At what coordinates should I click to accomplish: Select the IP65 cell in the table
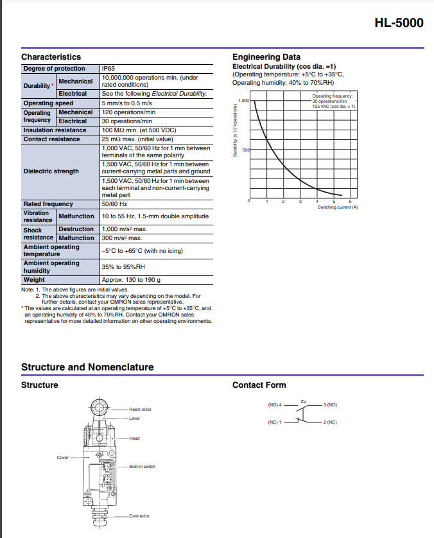[108, 69]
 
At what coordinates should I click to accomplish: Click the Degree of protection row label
[54, 69]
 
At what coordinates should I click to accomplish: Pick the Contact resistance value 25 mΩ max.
[137, 139]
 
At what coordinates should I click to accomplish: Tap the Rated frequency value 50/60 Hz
[114, 204]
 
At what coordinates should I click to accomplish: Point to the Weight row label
[34, 279]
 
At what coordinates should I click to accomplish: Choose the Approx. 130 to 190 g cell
[131, 279]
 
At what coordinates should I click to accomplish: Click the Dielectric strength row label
[51, 171]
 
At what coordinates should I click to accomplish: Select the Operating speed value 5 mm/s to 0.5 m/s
[126, 103]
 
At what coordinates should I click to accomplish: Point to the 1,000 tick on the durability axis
[243, 101]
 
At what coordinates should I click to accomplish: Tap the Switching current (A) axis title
[337, 207]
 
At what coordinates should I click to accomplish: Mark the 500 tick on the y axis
[246, 150]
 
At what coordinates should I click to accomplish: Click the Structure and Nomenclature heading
[87, 367]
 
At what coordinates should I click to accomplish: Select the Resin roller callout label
[140, 409]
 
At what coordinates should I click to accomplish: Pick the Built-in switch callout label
[142, 467]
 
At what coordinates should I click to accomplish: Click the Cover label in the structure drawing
[62, 458]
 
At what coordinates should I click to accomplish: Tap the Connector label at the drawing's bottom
[139, 516]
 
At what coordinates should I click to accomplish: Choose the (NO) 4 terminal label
[275, 405]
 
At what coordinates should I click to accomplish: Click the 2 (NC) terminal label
[331, 422]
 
